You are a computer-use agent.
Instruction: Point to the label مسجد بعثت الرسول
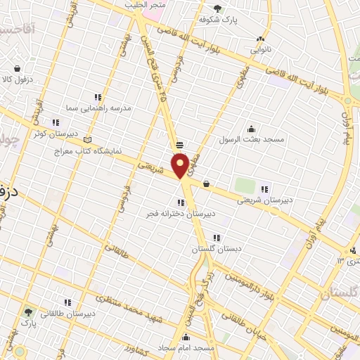251,139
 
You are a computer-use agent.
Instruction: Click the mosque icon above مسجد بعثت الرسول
251,128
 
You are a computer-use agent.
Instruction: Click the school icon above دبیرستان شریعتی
264,188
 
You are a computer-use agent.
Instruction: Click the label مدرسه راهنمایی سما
98,108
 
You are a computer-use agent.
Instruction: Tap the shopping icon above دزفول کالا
18,69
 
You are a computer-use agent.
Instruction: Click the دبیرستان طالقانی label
69,314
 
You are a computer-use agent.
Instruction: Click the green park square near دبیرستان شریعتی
244,186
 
